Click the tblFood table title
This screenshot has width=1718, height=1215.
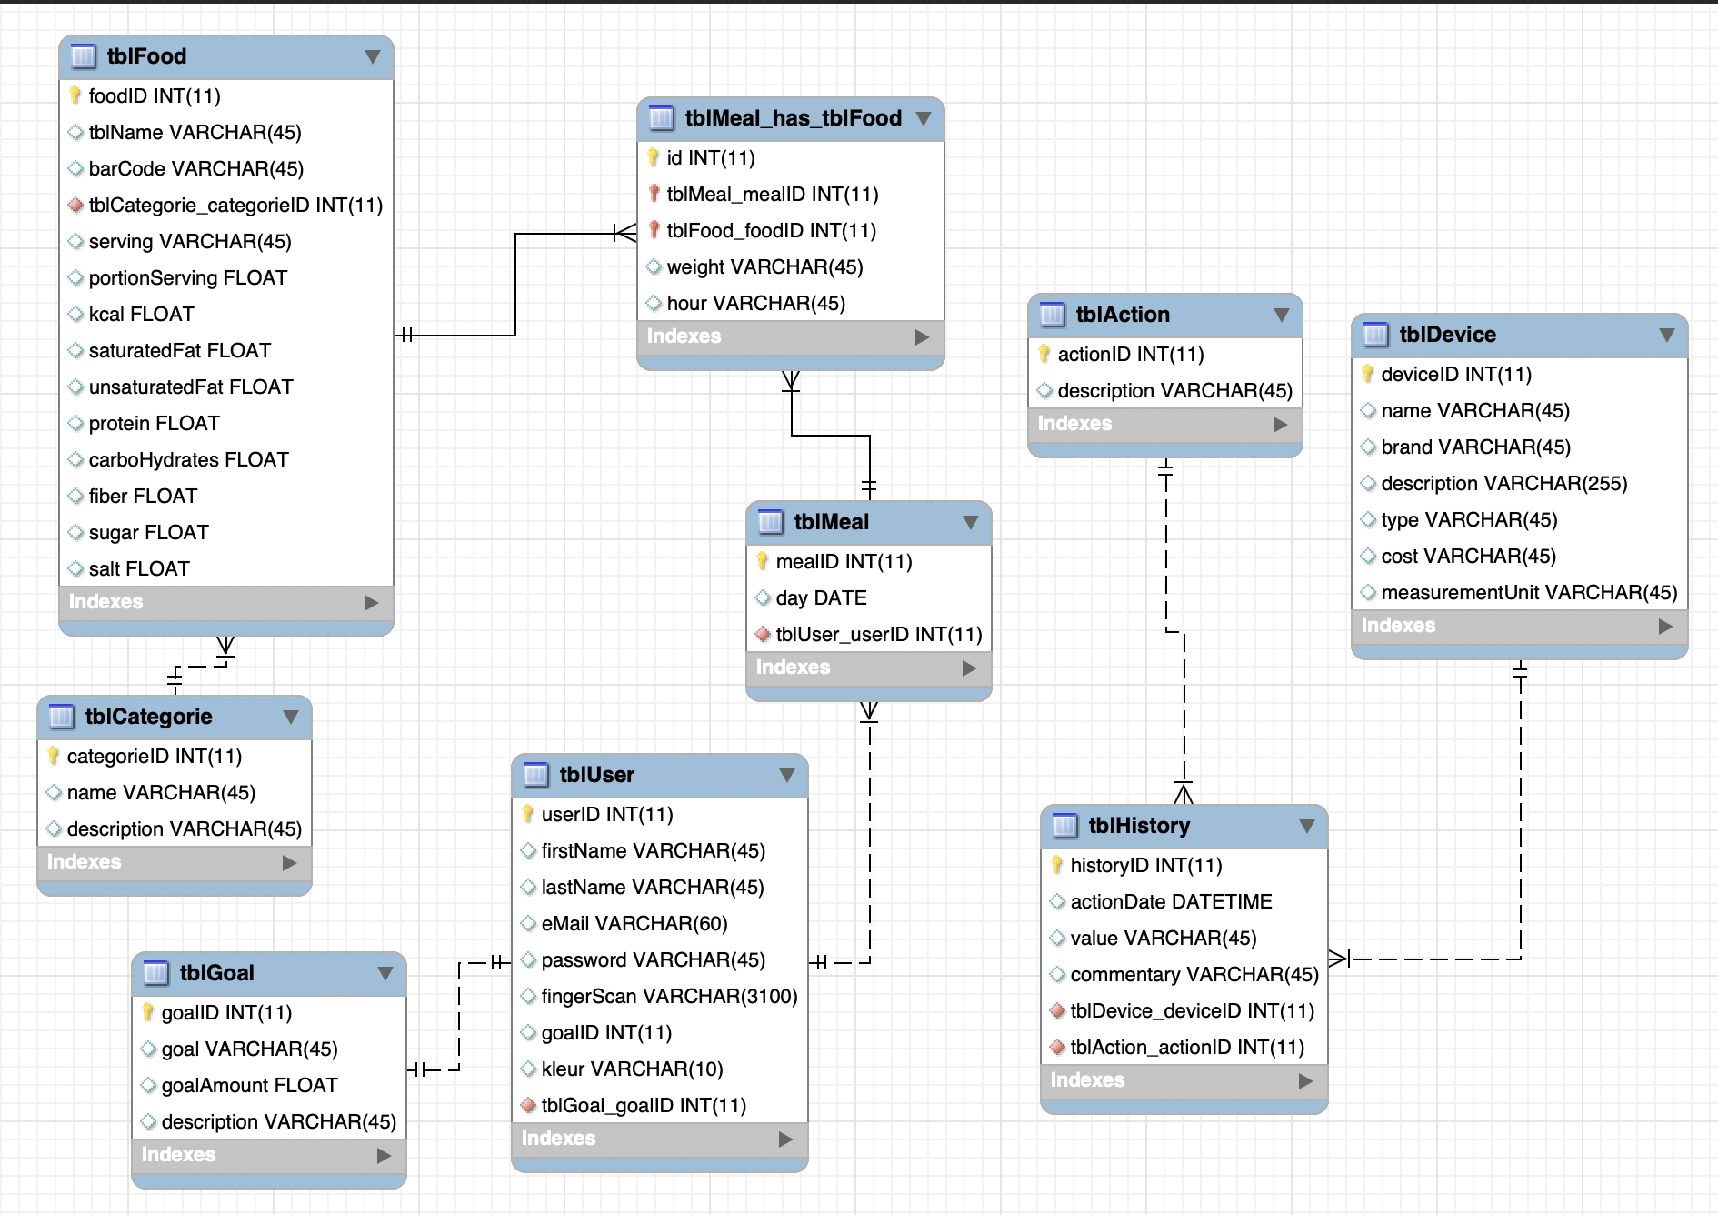(146, 56)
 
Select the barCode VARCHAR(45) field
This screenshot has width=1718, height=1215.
(195, 169)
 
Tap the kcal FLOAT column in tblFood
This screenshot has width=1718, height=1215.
(141, 315)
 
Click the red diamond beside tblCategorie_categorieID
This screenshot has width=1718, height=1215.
(75, 206)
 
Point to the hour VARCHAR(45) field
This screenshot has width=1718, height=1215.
(755, 304)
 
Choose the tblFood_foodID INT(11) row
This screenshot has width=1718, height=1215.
(771, 231)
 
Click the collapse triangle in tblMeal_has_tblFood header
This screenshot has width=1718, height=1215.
(924, 119)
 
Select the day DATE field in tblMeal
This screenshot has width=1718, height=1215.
(821, 598)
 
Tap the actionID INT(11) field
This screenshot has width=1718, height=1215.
(1130, 355)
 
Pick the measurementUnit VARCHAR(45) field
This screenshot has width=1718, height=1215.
(1529, 593)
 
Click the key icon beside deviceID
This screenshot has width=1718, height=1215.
(1368, 374)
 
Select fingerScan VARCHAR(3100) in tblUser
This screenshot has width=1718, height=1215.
(669, 997)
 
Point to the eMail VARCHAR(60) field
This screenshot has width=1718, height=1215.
(634, 924)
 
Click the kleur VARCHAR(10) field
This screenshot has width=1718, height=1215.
(632, 1069)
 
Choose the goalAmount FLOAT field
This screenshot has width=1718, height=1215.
(249, 1086)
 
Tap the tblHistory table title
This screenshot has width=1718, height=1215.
(1139, 826)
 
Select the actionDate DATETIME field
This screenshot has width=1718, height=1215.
(1171, 902)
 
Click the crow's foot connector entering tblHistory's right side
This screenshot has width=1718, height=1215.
(1339, 958)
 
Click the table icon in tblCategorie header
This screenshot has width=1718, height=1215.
(61, 717)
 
